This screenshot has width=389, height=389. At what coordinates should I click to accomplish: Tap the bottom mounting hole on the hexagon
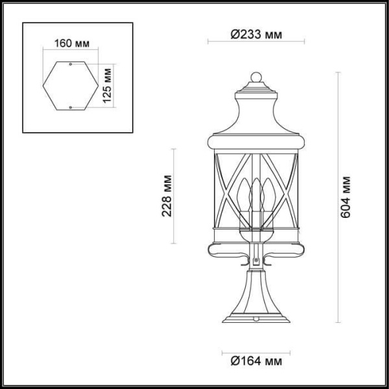pos(69,105)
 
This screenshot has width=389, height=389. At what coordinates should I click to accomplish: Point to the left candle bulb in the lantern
pos(244,194)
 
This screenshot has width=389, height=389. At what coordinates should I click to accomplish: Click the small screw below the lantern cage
pos(255,262)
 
